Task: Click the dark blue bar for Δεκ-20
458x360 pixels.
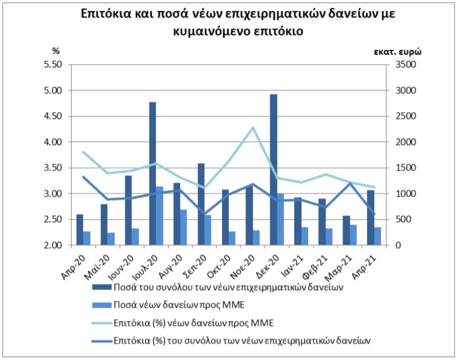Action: pyautogui.click(x=273, y=170)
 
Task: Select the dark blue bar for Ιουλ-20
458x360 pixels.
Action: pyautogui.click(x=153, y=173)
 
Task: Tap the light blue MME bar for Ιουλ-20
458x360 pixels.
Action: pyautogui.click(x=159, y=216)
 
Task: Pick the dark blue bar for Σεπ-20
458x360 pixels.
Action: pyautogui.click(x=201, y=204)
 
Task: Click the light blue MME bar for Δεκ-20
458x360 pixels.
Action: pyautogui.click(x=280, y=219)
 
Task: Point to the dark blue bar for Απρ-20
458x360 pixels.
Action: pyautogui.click(x=79, y=230)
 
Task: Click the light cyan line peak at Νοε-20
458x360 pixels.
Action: pyautogui.click(x=253, y=128)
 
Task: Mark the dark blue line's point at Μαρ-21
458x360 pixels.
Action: pyautogui.click(x=350, y=183)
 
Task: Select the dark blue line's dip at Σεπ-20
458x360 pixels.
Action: pyautogui.click(x=205, y=214)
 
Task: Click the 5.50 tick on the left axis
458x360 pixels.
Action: pyautogui.click(x=53, y=64)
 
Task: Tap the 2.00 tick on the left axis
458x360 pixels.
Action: pyautogui.click(x=53, y=245)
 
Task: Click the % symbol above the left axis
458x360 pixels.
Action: pyautogui.click(x=56, y=51)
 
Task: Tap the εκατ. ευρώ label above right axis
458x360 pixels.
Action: pyautogui.click(x=398, y=52)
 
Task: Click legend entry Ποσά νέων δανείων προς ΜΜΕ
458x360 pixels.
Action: pyautogui.click(x=168, y=305)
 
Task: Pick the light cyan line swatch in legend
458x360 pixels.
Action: pyautogui.click(x=102, y=323)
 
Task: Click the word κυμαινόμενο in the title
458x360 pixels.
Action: pyautogui.click(x=210, y=31)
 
